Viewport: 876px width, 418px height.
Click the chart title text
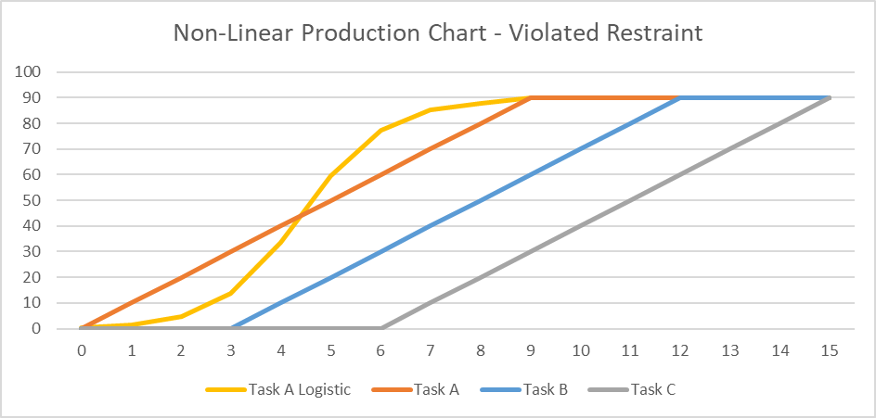point(438,33)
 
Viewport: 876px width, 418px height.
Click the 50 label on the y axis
point(42,200)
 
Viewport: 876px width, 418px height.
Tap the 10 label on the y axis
point(42,303)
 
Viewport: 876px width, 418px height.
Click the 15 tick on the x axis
point(830,350)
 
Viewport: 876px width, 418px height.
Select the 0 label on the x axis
point(82,350)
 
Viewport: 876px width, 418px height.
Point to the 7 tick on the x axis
point(431,350)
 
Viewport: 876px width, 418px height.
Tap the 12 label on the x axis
point(680,350)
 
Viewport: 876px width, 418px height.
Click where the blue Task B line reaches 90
point(680,97)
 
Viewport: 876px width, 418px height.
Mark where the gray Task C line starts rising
point(381,328)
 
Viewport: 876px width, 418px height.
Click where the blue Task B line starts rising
point(231,328)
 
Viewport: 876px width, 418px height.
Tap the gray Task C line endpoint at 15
point(830,97)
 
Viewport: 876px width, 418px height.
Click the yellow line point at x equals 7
point(431,109)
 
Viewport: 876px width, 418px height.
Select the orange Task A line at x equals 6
point(381,174)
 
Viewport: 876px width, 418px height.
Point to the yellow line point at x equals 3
point(231,293)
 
